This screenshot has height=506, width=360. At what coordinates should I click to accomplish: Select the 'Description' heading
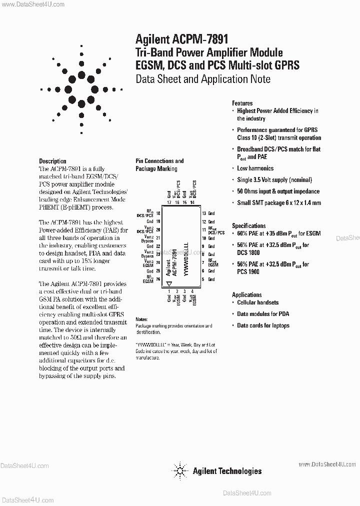tap(52, 161)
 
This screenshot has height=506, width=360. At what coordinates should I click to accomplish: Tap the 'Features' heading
tap(242, 103)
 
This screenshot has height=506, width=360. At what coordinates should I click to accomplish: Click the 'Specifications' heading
tap(248, 225)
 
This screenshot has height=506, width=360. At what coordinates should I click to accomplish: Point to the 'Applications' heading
tap(246, 295)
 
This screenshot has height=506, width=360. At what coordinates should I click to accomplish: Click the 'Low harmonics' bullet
tap(255, 168)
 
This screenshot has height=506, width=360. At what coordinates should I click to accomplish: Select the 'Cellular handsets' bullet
tap(257, 302)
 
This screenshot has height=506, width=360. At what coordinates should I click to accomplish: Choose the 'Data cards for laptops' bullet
tap(263, 325)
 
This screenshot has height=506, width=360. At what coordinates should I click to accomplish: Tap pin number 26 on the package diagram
tap(157, 279)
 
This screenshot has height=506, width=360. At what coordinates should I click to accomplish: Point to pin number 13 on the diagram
tap(203, 213)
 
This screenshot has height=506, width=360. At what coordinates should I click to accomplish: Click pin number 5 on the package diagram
tap(203, 279)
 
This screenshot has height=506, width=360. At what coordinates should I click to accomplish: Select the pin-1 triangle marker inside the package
tap(169, 283)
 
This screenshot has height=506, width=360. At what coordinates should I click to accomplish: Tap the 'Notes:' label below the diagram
tap(141, 319)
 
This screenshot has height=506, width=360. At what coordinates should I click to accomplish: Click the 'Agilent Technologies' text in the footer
tap(227, 470)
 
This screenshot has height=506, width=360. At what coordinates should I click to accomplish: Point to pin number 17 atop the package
tap(169, 202)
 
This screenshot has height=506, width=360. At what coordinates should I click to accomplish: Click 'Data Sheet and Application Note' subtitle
tap(203, 79)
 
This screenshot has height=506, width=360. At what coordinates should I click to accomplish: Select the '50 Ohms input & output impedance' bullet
tap(278, 191)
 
